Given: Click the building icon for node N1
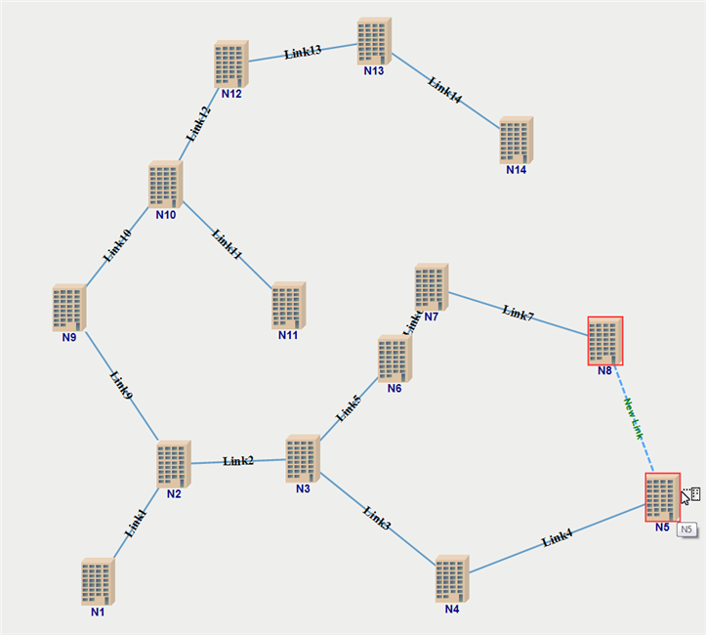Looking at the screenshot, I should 98,581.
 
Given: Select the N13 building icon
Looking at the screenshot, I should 373,41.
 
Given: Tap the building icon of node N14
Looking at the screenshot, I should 516,140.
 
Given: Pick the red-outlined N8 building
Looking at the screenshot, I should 604,341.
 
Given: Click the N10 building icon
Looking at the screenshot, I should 165,185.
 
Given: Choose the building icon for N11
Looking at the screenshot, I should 288,305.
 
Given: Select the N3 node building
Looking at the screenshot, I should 303,459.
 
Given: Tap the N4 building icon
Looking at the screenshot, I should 452,579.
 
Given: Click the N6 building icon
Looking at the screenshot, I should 395,359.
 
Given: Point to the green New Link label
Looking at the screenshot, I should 633,418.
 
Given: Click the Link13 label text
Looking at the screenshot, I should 303,52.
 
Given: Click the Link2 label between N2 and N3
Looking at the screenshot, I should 238,460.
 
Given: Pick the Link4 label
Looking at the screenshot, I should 558,536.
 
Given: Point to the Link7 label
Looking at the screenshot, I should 518,313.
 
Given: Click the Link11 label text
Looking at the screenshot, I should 227,245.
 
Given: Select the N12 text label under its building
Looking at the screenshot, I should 231,95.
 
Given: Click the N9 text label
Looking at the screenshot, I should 68,338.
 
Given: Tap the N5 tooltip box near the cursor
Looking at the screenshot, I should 686,529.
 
